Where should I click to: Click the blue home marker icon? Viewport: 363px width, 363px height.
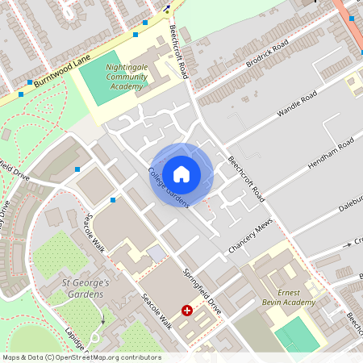pos(181,173)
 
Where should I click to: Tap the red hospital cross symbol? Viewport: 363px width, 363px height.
pos(188,310)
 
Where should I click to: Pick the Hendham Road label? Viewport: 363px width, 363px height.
pos(331,152)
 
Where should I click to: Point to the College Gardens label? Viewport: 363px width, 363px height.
pos(168,187)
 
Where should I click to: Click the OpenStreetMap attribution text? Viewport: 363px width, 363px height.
pos(81,357)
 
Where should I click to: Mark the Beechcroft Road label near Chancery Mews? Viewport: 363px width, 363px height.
pos(245,177)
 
